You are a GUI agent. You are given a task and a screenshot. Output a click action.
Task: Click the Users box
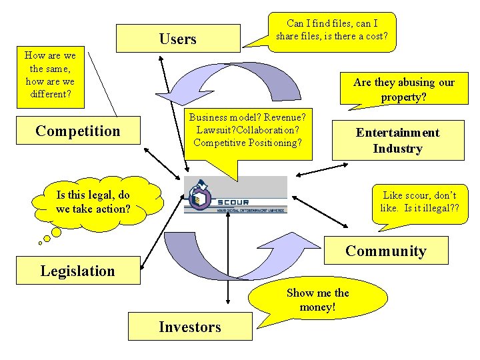(178, 39)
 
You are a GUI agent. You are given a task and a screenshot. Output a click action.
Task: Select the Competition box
(78, 131)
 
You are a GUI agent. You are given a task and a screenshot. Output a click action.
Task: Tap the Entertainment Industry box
(398, 140)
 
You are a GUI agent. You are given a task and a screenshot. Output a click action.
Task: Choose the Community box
(385, 251)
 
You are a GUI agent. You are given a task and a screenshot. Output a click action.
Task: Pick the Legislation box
(77, 271)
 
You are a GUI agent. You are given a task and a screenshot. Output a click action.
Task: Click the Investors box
(190, 327)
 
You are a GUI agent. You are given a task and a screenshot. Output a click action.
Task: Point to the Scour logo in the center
(235, 195)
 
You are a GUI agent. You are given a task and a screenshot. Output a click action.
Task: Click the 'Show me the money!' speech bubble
(317, 300)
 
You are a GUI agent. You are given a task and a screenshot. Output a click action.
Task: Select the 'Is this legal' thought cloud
(93, 202)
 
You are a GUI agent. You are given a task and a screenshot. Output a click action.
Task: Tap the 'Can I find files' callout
(332, 30)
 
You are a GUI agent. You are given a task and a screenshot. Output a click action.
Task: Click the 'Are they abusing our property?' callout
(403, 89)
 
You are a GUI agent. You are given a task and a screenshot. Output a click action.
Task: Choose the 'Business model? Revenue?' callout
(247, 130)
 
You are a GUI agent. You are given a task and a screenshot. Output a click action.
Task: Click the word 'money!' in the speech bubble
(317, 307)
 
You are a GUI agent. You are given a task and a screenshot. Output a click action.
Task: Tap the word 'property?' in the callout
(404, 97)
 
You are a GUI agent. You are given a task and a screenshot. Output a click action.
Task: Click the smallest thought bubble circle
(40, 243)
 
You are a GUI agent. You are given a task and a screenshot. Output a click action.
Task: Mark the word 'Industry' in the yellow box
(397, 148)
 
